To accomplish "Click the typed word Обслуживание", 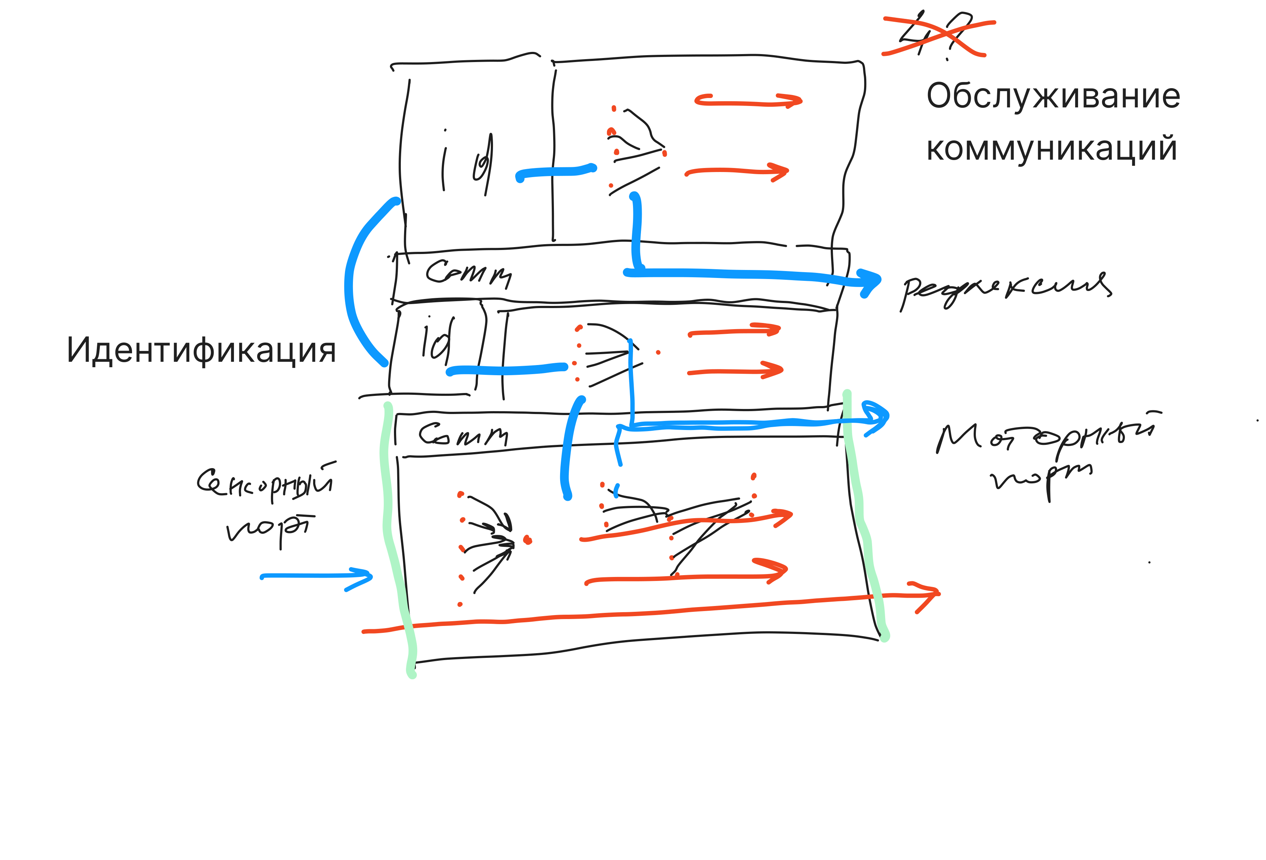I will pos(1052,97).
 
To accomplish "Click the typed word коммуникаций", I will pos(1051,148).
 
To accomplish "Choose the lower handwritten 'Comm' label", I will pos(463,435).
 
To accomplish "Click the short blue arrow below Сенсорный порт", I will pos(316,577).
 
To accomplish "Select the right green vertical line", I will pos(863,518).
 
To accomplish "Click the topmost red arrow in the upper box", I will pos(749,101).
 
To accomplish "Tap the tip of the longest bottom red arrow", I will pos(936,593).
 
